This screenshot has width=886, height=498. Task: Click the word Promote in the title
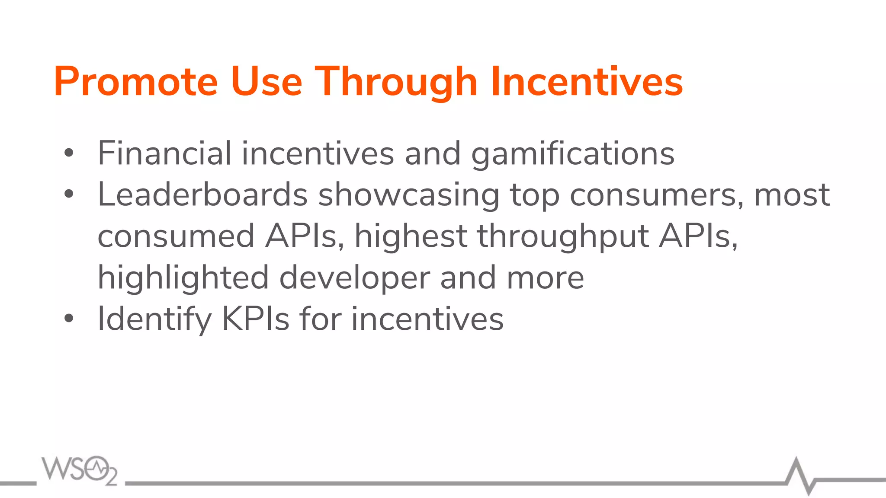(135, 82)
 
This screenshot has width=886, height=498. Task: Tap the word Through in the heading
(395, 82)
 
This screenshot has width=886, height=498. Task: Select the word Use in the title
(266, 82)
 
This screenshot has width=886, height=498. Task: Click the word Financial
(164, 153)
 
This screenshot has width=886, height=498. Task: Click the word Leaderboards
(202, 195)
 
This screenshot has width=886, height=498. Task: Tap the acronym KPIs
(255, 319)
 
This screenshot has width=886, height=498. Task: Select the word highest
(411, 237)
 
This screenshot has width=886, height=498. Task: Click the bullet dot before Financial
(69, 153)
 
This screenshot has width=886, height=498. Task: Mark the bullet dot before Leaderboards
(69, 195)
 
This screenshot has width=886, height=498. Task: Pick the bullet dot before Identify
(69, 319)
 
